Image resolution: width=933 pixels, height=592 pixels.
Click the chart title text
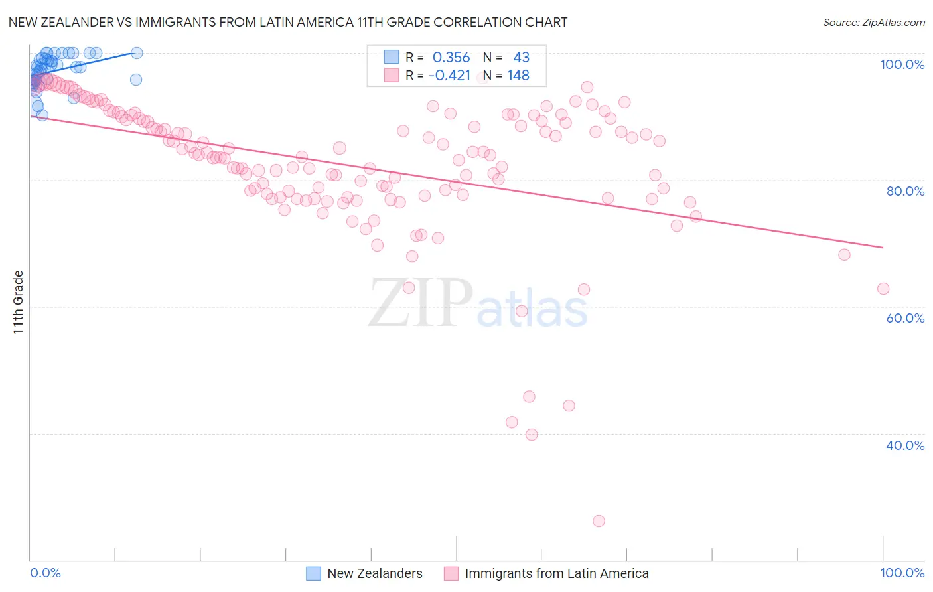(x=287, y=22)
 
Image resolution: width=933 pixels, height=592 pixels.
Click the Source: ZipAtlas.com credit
(x=873, y=23)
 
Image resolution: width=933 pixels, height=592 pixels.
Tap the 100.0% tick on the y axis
(x=902, y=64)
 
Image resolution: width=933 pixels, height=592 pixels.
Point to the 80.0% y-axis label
(x=905, y=191)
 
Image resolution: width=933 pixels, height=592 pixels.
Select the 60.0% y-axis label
(x=905, y=318)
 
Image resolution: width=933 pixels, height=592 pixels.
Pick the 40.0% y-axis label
(x=905, y=445)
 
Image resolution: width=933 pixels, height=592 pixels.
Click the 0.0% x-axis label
(x=45, y=573)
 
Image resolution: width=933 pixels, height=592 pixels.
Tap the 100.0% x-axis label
(x=902, y=573)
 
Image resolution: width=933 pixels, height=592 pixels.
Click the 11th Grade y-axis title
(x=19, y=302)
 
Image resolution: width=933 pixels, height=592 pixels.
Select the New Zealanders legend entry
(x=374, y=573)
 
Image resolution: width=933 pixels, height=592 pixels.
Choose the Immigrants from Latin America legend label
(x=556, y=573)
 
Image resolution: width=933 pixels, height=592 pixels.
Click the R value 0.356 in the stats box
(x=451, y=58)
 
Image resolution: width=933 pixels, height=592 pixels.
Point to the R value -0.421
(x=449, y=76)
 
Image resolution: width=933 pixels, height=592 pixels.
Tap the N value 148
(x=518, y=76)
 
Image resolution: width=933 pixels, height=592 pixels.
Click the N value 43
(x=521, y=58)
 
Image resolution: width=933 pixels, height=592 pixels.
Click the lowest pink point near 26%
(x=599, y=521)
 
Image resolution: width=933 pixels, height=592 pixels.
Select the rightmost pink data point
(x=883, y=289)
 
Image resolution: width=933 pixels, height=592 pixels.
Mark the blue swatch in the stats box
(x=392, y=58)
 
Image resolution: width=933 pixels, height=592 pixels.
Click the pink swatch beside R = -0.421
(x=392, y=76)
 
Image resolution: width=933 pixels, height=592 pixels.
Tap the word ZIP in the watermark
(x=420, y=304)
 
